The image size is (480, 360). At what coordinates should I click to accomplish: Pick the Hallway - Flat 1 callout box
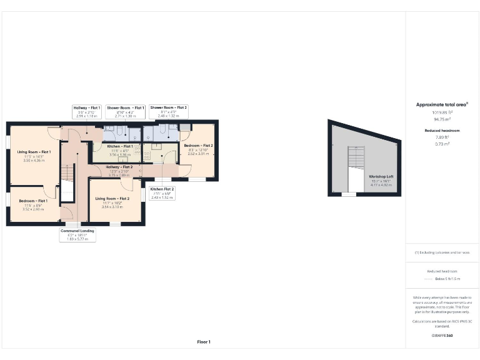87,111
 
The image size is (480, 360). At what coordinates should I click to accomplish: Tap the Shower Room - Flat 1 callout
125,111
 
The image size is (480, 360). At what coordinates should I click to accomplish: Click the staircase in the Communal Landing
67,182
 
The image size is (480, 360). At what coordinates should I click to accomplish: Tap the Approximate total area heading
442,104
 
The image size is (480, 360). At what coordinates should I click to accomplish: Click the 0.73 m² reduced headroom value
442,144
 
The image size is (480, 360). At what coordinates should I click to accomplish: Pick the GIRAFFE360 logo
442,336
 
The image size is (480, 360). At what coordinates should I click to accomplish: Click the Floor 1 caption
204,342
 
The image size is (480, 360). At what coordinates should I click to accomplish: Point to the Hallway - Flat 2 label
118,167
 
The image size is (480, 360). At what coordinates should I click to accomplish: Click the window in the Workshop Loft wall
348,194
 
